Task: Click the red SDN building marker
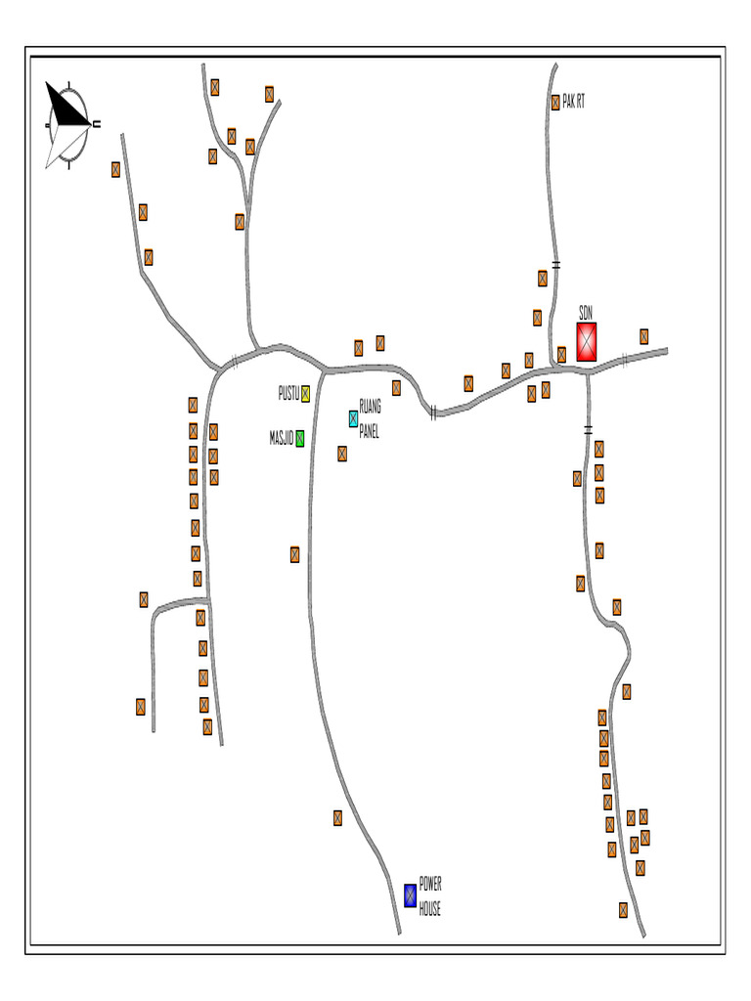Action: tap(586, 342)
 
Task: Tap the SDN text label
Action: tap(586, 313)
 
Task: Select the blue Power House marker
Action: tap(411, 894)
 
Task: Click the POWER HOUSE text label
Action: tap(430, 896)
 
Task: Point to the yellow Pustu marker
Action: tap(305, 394)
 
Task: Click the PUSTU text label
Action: tap(288, 393)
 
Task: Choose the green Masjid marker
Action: tap(300, 439)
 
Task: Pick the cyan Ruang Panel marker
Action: tap(353, 418)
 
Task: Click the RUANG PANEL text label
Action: tap(370, 419)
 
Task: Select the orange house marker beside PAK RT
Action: tap(555, 102)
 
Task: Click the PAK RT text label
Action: tap(574, 102)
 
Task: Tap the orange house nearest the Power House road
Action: tap(337, 817)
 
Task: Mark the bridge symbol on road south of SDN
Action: tap(589, 429)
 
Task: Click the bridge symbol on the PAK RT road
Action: tap(555, 264)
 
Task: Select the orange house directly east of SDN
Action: tap(643, 336)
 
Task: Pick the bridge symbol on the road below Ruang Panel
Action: tap(432, 413)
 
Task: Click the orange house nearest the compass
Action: tap(115, 169)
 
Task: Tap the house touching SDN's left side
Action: tap(561, 354)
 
